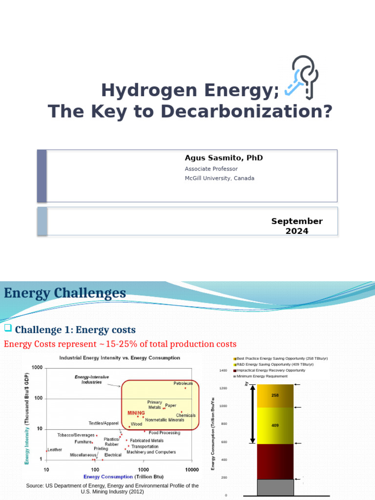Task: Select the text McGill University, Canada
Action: coord(219,178)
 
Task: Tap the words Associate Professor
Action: coord(211,168)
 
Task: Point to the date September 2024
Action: coord(297,226)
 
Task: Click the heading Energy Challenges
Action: coord(65,293)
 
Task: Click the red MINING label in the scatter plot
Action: coord(136,413)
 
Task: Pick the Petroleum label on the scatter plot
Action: coord(183,384)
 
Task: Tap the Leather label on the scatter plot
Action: coord(55,450)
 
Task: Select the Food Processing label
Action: coord(164,433)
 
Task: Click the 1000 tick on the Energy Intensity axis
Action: coord(37,368)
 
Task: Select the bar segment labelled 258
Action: coord(275,396)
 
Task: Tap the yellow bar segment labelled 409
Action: coord(275,425)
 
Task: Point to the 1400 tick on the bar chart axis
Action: coord(224,371)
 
